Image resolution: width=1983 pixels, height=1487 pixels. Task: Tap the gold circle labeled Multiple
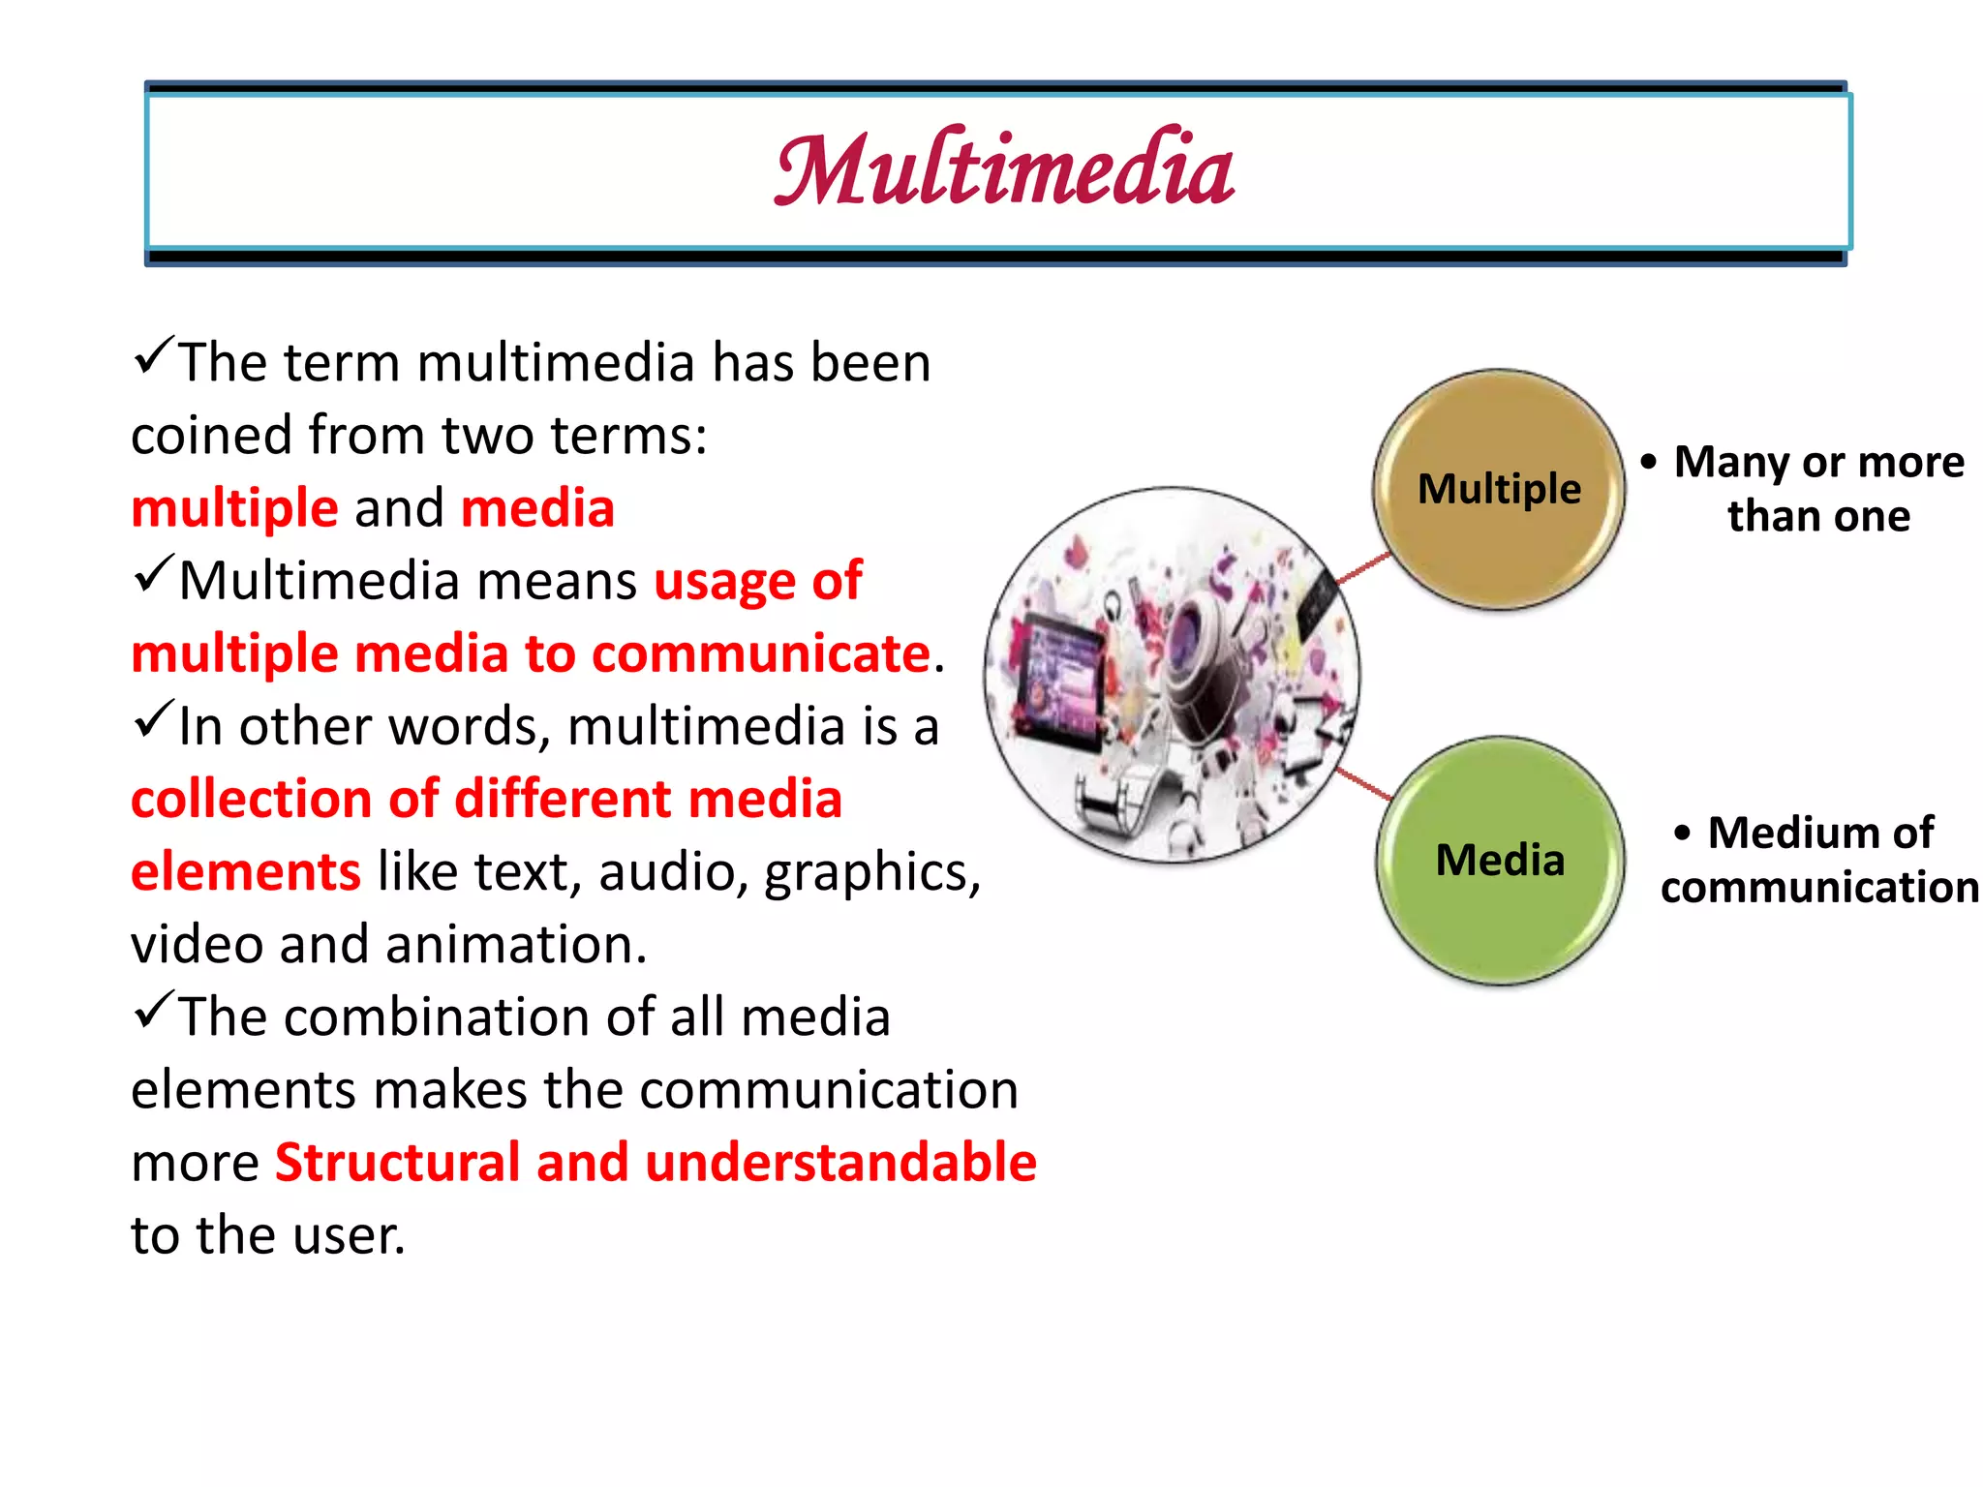[x=1499, y=489]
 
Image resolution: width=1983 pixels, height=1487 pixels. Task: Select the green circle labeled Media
[x=1500, y=860]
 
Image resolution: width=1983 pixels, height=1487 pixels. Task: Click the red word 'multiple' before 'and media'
[x=234, y=508]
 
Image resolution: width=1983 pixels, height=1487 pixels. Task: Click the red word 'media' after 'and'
[x=537, y=508]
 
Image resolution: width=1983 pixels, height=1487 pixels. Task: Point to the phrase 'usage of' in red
[x=757, y=581]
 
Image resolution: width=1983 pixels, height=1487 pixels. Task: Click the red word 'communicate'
[x=761, y=653]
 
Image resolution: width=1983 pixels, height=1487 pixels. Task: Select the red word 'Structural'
[x=398, y=1162]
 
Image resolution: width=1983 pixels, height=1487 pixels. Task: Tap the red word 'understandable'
[x=840, y=1162]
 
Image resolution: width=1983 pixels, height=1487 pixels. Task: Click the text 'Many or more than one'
[x=1817, y=489]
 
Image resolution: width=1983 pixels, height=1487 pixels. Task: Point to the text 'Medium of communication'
[x=1817, y=860]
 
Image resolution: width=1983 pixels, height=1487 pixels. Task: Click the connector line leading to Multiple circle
[x=1363, y=569]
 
